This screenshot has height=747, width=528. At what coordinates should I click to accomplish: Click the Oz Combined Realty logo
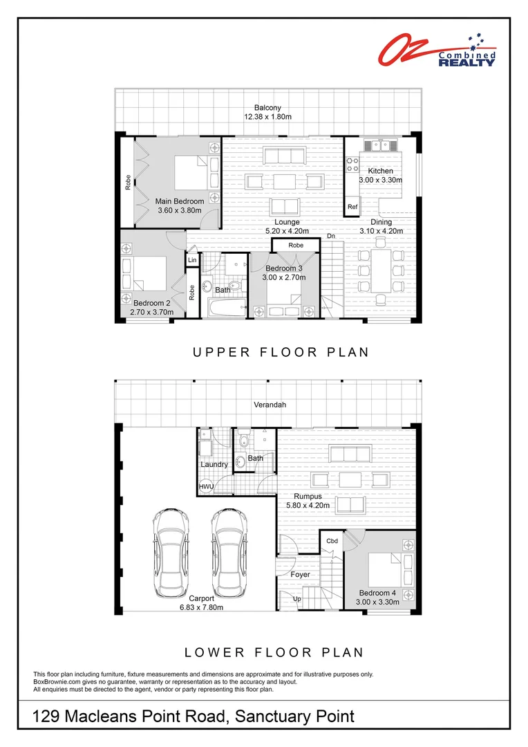coord(436,51)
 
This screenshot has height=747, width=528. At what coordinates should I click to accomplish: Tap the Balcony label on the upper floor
coord(267,108)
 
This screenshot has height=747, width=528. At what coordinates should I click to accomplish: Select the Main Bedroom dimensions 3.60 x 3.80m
coord(179,210)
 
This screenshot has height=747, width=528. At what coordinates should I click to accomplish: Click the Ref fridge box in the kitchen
coord(352,207)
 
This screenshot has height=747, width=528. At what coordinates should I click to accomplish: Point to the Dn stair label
coord(332,237)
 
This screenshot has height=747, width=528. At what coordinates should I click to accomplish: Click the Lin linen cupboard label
coord(191,261)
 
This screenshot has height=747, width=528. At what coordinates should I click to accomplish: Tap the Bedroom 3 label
coord(283,268)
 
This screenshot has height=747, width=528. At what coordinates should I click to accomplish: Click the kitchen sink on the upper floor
coord(379,146)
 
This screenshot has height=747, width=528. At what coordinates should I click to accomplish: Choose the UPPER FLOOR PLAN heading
coord(280,352)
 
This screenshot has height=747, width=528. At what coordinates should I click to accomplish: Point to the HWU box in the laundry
coord(206,487)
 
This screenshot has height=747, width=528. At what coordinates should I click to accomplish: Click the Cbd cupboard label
coord(331,540)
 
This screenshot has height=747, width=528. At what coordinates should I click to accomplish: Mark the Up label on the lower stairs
coord(297,598)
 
